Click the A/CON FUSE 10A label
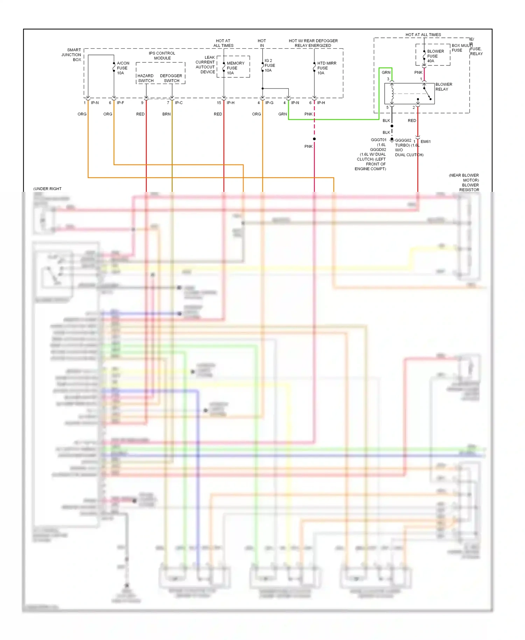[122, 68]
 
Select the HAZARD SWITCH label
[145, 78]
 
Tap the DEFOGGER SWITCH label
[171, 78]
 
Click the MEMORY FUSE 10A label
[235, 68]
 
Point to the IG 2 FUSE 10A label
[269, 65]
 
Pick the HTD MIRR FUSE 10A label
[326, 68]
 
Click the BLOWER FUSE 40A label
[435, 56]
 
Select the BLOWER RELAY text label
[443, 87]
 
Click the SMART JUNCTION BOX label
[72, 55]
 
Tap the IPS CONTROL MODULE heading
[162, 56]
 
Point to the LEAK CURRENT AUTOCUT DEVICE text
[206, 64]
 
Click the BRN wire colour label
[166, 114]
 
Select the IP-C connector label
[178, 103]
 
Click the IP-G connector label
[269, 103]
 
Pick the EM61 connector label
[425, 141]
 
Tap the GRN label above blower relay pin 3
[386, 72]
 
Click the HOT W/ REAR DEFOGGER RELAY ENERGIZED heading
[313, 43]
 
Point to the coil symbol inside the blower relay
[392, 93]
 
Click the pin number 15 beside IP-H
[219, 103]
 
